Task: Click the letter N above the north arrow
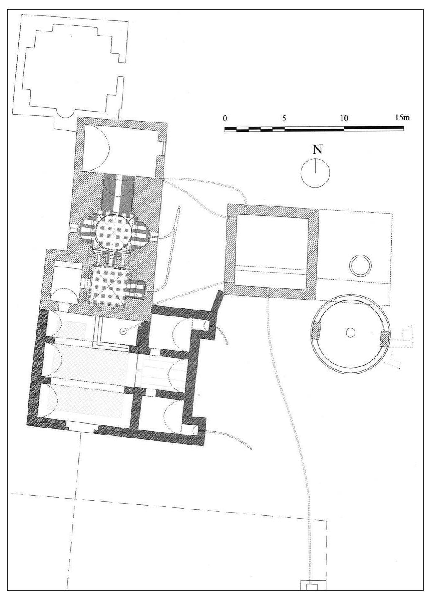tap(318, 150)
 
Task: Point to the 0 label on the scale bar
tap(225, 118)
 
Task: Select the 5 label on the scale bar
tap(284, 118)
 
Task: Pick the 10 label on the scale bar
tap(344, 118)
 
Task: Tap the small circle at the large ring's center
tap(351, 332)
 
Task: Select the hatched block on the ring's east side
tap(385, 338)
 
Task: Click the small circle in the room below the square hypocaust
tap(123, 331)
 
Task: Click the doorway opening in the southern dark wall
tap(82, 428)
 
